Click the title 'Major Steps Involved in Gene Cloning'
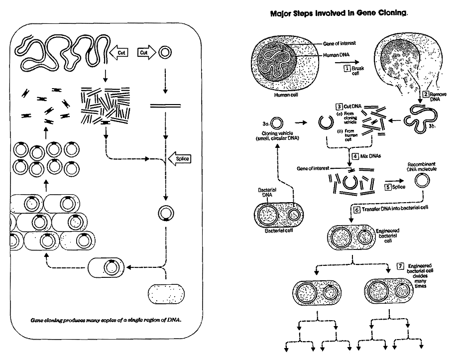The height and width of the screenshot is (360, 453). (x=339, y=14)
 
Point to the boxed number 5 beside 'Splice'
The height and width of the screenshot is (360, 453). (x=387, y=187)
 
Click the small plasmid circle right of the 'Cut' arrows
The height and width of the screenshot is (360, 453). (x=163, y=52)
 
